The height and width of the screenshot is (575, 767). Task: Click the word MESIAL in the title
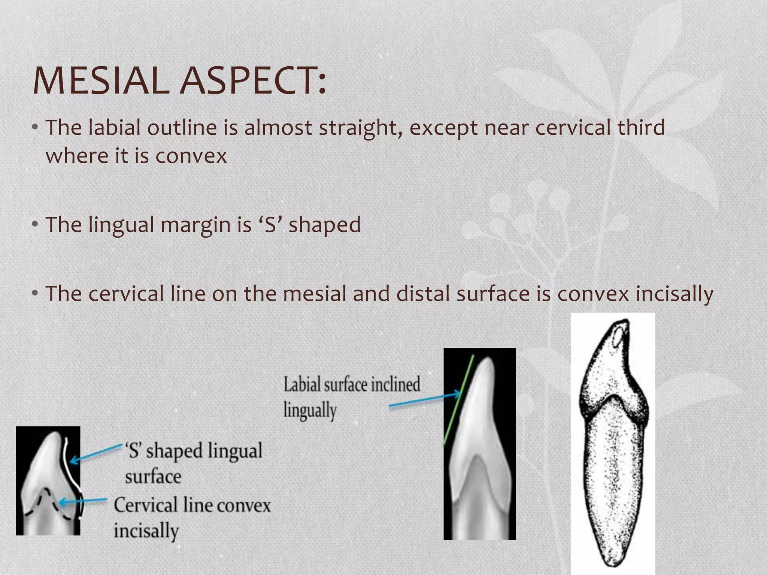[101, 81]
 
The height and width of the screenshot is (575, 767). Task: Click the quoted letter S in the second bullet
[270, 225]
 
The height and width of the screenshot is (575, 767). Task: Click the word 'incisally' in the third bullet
[673, 294]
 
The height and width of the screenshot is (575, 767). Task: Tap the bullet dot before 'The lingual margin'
[35, 224]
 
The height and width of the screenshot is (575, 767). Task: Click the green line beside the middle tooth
[458, 401]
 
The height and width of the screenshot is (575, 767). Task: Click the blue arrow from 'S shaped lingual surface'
[96, 453]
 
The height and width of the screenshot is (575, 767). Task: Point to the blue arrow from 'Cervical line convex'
[82, 501]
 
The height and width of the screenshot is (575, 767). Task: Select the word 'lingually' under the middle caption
[310, 411]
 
